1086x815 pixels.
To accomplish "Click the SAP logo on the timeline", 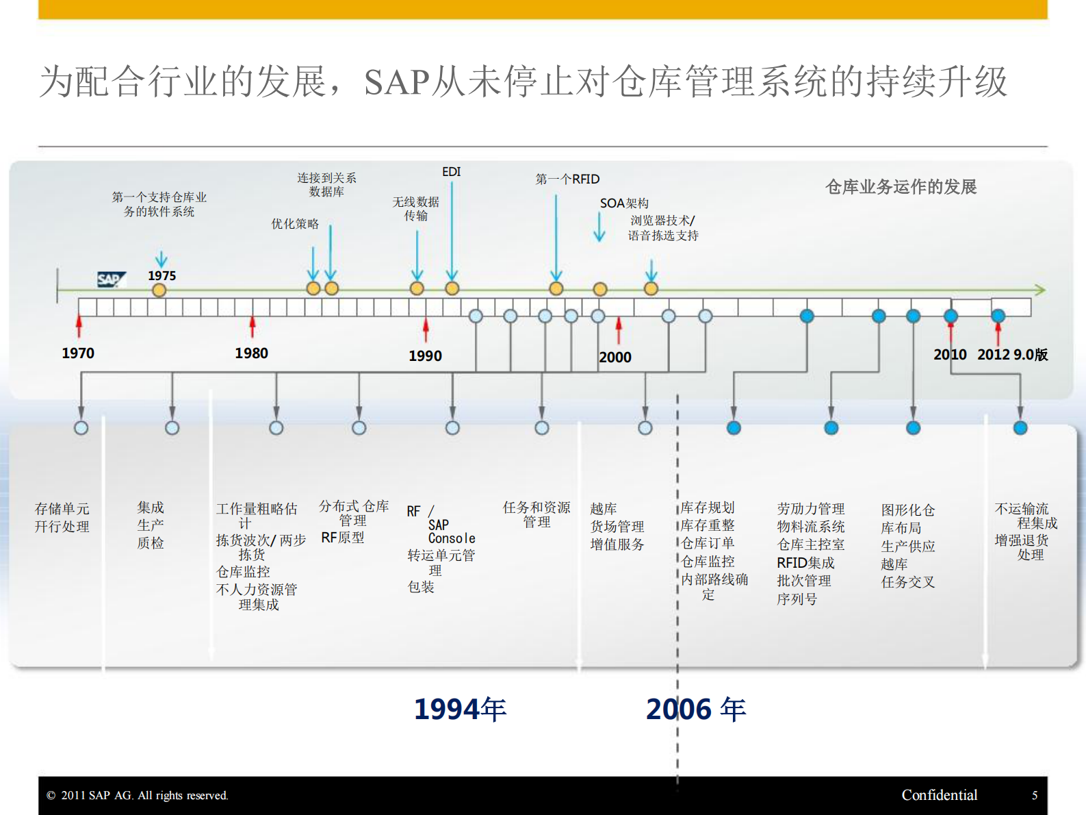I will [111, 279].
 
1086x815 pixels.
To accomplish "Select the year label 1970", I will [78, 353].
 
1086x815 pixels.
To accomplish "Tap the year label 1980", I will [251, 353].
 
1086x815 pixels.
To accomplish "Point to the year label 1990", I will [425, 356].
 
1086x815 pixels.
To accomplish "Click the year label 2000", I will [615, 358].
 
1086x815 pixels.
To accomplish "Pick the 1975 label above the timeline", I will [161, 275].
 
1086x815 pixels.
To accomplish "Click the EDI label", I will [452, 172].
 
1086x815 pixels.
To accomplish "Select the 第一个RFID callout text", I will [567, 179].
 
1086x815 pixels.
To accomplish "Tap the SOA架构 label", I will [624, 203].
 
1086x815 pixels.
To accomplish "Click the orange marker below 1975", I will [159, 290].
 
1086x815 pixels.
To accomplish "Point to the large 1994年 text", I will [460, 710].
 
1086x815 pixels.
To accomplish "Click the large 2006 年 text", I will [695, 710].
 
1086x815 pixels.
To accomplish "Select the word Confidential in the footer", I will [939, 795].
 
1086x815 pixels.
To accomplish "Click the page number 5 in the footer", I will [1035, 795].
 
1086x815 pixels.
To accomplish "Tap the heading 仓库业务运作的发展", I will [901, 187].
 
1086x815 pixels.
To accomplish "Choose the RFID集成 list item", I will [805, 563].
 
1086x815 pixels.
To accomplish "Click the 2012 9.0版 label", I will [1012, 355].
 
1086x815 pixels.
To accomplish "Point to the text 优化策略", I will [295, 224].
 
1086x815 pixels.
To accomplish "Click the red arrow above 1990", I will [426, 329].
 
